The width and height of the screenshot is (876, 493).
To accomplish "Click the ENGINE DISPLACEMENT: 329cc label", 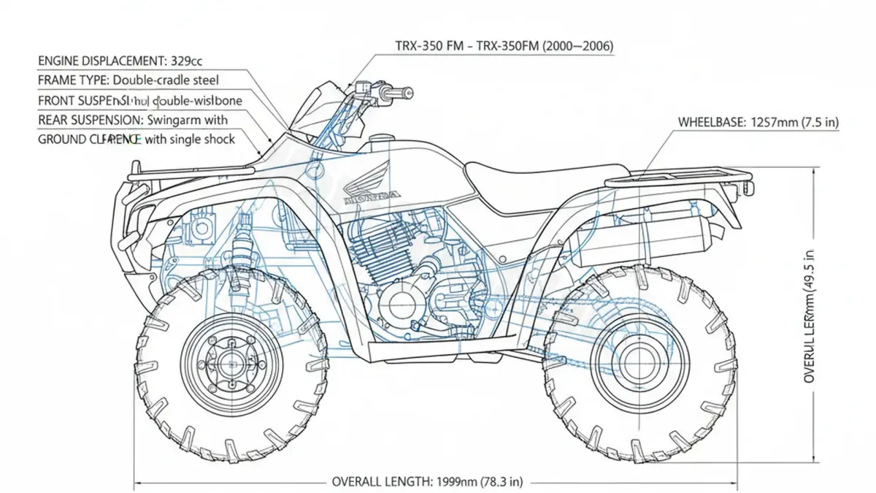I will pyautogui.click(x=120, y=61).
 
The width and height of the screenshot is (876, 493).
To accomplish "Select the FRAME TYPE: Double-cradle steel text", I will pyautogui.click(x=128, y=80).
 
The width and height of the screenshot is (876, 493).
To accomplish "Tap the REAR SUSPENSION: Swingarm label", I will pyautogui.click(x=132, y=119).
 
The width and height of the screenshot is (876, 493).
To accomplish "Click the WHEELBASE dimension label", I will pyautogui.click(x=758, y=123).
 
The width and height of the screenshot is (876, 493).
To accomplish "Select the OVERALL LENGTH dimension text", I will pyautogui.click(x=427, y=481).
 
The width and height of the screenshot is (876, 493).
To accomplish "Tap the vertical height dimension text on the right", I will pyautogui.click(x=810, y=314).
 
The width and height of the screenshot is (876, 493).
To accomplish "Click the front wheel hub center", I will pyautogui.click(x=232, y=360).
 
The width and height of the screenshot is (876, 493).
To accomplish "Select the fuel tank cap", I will pyautogui.click(x=379, y=140).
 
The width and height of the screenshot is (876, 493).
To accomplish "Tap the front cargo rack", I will pyautogui.click(x=190, y=172).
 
